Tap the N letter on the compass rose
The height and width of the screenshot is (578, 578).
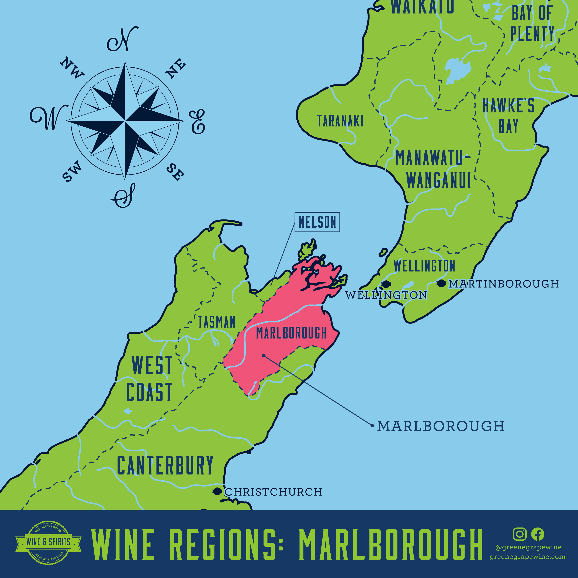click(123, 40)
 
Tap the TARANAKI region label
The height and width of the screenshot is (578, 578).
click(340, 121)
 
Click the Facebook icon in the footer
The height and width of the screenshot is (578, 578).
click(538, 534)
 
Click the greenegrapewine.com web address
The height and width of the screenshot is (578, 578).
click(527, 557)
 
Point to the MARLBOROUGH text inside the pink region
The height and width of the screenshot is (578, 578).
click(291, 333)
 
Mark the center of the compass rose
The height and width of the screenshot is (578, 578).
click(124, 121)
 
